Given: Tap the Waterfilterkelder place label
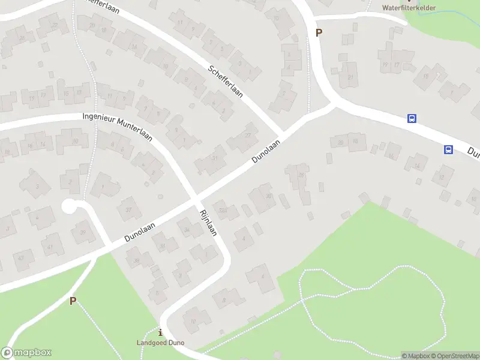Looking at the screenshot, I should (409, 8).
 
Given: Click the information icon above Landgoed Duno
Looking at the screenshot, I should (160, 332).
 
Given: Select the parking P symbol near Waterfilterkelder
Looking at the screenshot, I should (319, 33).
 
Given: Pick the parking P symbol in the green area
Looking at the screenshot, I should (73, 301).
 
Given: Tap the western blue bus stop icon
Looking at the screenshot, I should (412, 119).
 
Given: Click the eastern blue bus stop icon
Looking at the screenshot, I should (448, 149).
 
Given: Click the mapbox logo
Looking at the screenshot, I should (26, 353).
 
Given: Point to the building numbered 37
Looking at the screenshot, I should (128, 209).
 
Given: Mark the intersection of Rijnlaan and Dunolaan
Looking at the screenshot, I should (196, 197).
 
